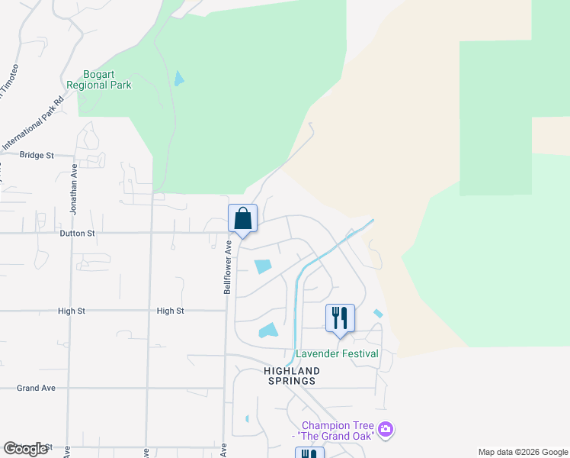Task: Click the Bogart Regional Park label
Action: (99, 79)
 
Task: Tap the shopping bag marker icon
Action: (242, 219)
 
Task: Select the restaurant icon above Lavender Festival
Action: (340, 318)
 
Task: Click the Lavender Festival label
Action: (337, 353)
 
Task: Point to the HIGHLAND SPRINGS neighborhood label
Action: (292, 376)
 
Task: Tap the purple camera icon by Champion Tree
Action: (386, 430)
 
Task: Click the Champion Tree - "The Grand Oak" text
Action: (336, 431)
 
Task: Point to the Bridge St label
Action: (37, 155)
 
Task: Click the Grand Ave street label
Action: (36, 388)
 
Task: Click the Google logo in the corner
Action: (25, 448)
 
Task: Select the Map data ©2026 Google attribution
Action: (523, 452)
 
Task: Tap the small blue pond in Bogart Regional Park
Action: (178, 78)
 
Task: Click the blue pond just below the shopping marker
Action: (263, 266)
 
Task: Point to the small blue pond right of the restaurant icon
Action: (378, 313)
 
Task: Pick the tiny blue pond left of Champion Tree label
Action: (247, 418)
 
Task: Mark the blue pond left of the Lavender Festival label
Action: (268, 331)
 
